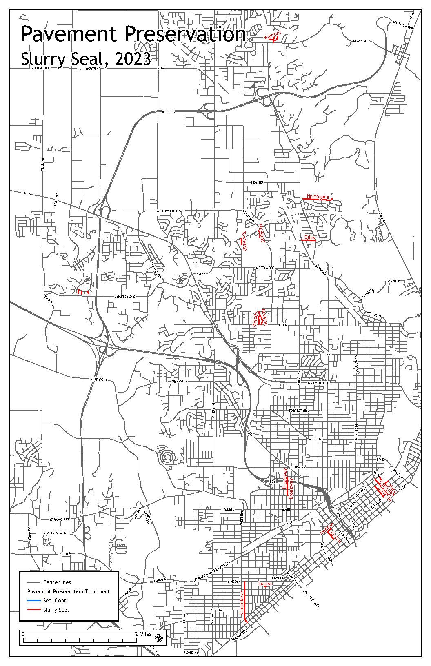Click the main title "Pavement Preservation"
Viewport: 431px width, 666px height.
click(x=133, y=34)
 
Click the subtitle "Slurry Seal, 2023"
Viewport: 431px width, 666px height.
click(x=86, y=59)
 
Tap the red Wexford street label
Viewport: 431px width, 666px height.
click(x=272, y=36)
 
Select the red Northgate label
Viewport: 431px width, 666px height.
click(x=318, y=197)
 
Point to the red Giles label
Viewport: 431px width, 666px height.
click(x=309, y=238)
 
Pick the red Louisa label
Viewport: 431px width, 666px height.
click(x=265, y=584)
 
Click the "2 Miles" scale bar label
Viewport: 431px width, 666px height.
click(x=143, y=634)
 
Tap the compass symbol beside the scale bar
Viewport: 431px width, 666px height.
click(x=159, y=637)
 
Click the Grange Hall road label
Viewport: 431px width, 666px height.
click(x=40, y=68)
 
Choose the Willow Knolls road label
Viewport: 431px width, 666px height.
click(x=169, y=211)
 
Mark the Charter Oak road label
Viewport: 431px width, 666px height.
click(x=124, y=297)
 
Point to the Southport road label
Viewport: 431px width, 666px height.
click(x=98, y=380)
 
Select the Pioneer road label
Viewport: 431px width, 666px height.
click(x=257, y=182)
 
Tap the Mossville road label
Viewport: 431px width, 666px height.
click(x=361, y=41)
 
